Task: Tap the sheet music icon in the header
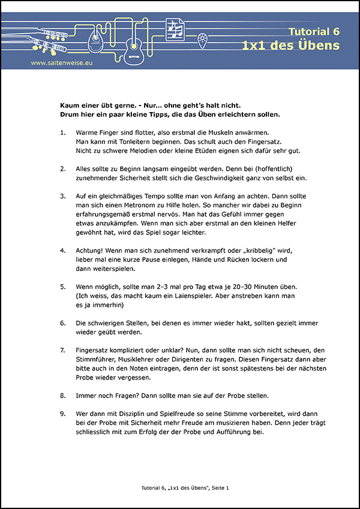175,28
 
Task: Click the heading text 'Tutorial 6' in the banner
314,31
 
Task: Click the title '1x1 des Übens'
291,46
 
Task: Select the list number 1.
63,132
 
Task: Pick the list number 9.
63,414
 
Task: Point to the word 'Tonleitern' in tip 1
140,141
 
